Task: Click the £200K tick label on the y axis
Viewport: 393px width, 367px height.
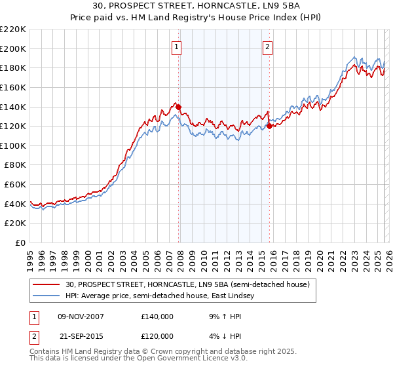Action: pyautogui.click(x=13, y=48)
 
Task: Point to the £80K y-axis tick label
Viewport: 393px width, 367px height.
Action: pyautogui.click(x=15, y=165)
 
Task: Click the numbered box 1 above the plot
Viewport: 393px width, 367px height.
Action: pyautogui.click(x=178, y=47)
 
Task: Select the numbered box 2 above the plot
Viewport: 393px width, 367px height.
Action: pyautogui.click(x=269, y=47)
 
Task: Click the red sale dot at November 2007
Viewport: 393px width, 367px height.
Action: pyautogui.click(x=178, y=107)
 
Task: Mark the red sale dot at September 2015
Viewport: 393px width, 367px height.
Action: pyautogui.click(x=269, y=126)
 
